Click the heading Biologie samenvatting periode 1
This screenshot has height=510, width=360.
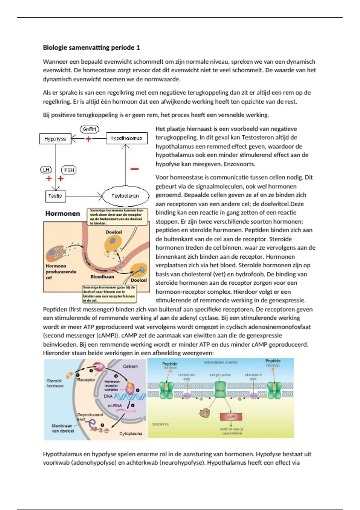click(x=91, y=47)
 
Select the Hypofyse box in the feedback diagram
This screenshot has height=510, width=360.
click(x=55, y=139)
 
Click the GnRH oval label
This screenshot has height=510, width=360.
click(x=89, y=129)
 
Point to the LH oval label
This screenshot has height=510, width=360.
click(x=46, y=170)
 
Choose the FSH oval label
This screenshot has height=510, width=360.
click(x=69, y=170)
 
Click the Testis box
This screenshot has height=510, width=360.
click(x=55, y=196)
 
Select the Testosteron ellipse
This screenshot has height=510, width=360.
click(x=125, y=196)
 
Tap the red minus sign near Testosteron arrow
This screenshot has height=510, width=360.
click(x=134, y=169)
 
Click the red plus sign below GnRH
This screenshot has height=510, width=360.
click(x=88, y=139)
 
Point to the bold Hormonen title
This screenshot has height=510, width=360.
click(x=63, y=214)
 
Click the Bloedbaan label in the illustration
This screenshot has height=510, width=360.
click(x=102, y=277)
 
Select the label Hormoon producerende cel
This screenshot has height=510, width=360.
click(x=61, y=271)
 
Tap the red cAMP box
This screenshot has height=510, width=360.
click(x=231, y=417)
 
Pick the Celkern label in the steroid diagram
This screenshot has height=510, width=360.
click(x=130, y=366)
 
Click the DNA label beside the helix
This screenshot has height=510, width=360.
click(x=108, y=396)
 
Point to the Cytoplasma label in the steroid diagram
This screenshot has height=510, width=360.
click(x=131, y=433)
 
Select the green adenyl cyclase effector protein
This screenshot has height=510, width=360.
click(x=220, y=390)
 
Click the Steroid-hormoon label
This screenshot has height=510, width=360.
click(x=55, y=383)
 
